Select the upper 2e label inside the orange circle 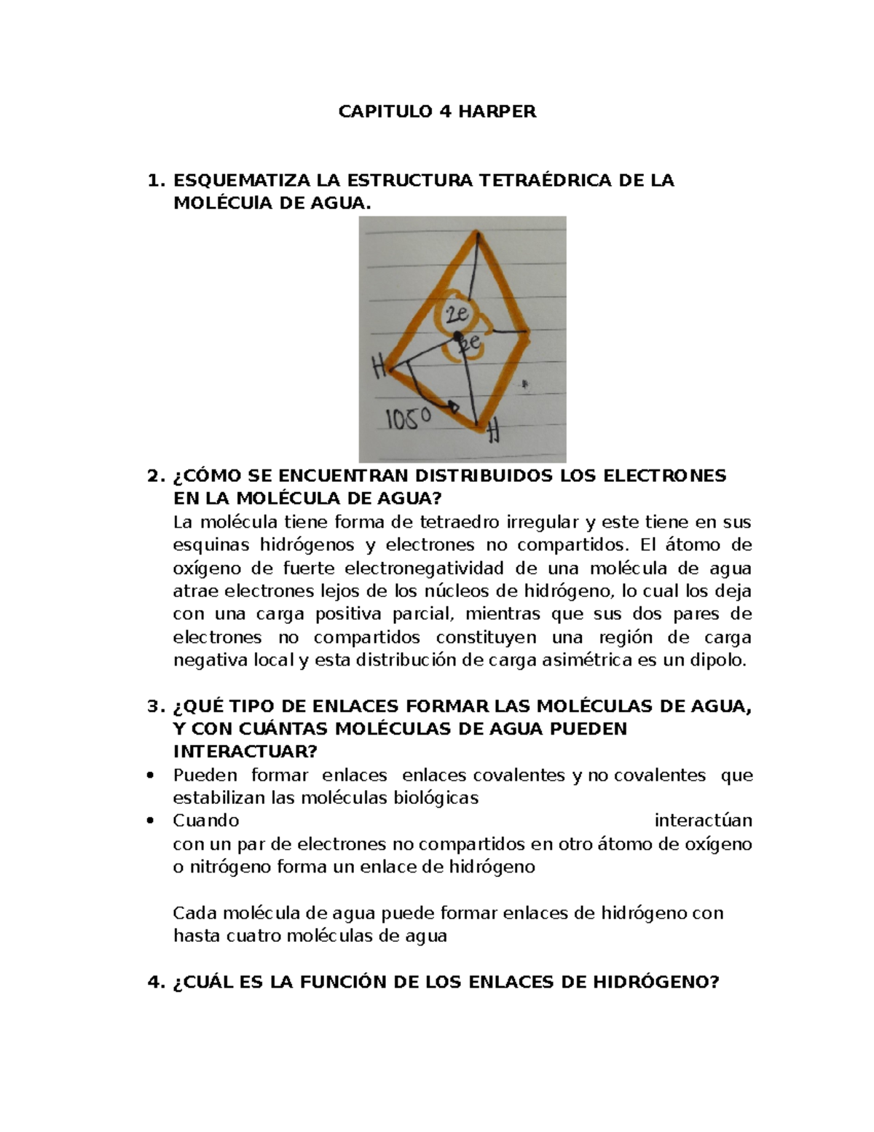click(457, 316)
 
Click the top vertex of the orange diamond click(477, 233)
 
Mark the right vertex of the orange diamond click(528, 332)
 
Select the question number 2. click(153, 476)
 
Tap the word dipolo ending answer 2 click(721, 660)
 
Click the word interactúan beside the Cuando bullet click(703, 821)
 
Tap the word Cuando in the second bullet click(206, 821)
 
